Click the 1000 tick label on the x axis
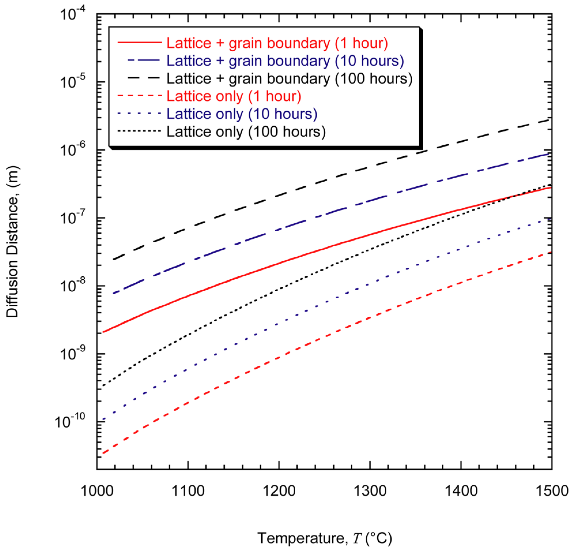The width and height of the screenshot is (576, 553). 97,491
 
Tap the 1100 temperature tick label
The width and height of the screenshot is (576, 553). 188,491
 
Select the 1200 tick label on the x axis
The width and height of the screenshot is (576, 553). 279,491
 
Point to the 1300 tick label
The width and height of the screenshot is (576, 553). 370,491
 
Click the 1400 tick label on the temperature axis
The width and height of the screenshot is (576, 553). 461,491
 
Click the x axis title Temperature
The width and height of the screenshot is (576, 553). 324,538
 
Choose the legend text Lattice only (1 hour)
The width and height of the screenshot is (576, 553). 234,96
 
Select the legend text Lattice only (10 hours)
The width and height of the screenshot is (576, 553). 241,114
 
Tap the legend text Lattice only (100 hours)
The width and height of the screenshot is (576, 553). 246,132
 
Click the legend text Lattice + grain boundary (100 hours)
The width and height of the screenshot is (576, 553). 289,78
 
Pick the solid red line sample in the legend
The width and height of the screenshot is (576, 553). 139,43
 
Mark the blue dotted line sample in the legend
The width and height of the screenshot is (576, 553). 139,114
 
